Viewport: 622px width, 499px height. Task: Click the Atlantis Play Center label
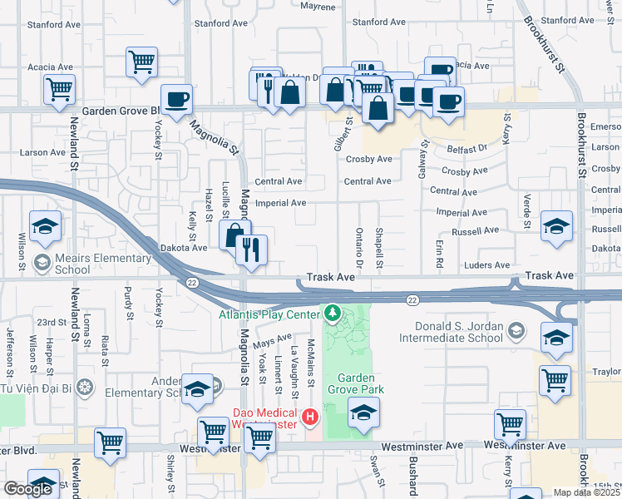click(x=269, y=314)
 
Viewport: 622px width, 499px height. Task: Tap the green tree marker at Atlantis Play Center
click(x=333, y=313)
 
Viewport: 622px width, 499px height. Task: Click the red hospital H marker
click(x=310, y=416)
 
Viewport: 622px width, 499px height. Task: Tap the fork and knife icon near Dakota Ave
click(x=251, y=249)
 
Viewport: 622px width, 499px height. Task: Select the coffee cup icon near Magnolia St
click(x=176, y=100)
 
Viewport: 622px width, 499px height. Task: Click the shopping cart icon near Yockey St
click(x=141, y=62)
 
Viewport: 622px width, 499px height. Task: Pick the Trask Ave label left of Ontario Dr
click(x=330, y=276)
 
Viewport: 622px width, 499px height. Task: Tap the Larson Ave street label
click(x=42, y=152)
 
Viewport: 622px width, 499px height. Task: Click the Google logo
click(x=27, y=489)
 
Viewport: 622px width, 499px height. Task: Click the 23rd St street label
click(x=52, y=322)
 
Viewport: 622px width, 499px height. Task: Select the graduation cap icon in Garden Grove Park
click(x=363, y=413)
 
